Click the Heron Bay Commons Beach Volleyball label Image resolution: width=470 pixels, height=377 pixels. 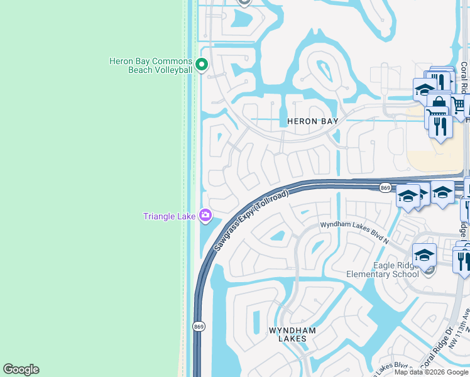coord(151,65)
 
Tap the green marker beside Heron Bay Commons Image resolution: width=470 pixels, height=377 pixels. coord(202,64)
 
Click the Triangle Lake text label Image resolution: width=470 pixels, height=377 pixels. coord(170,216)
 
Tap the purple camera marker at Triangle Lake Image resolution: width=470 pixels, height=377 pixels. coord(205,216)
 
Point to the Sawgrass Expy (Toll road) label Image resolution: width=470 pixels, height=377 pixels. coord(251,221)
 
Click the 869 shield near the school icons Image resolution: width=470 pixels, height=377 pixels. coord(386,188)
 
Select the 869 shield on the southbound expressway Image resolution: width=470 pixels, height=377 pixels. coord(199,326)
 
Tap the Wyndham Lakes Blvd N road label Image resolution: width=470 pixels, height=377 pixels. coord(354,224)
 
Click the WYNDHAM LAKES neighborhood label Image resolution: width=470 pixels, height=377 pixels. coord(292,334)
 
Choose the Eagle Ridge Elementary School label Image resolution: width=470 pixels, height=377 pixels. coord(383,270)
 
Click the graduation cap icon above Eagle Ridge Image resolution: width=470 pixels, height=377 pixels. coord(425,254)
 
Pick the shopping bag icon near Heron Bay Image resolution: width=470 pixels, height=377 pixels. coord(439,101)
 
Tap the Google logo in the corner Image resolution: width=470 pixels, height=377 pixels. coord(21,369)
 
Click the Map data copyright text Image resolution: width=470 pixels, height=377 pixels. coord(432,372)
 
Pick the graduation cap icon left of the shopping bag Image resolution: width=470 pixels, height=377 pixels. coord(425,89)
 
